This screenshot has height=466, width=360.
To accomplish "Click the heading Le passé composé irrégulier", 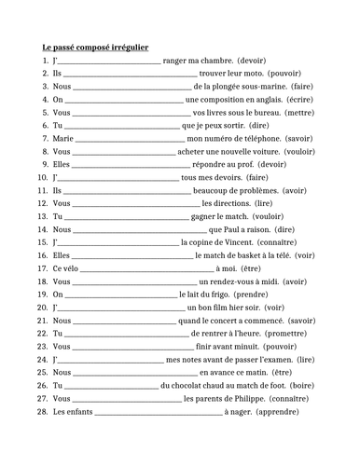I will point(96,46).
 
